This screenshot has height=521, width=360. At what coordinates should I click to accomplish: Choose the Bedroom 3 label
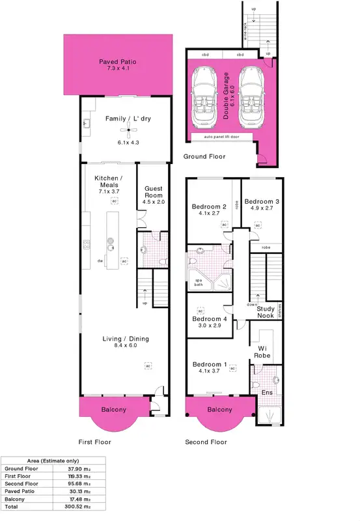pos(262,202)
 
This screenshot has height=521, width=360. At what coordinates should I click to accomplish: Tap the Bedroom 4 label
pos(210,319)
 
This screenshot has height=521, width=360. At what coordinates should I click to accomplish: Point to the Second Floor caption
pos(206,442)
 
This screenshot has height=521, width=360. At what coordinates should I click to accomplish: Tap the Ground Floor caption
pos(204,157)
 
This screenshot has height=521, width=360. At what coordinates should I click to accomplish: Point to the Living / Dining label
pos(126,339)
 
